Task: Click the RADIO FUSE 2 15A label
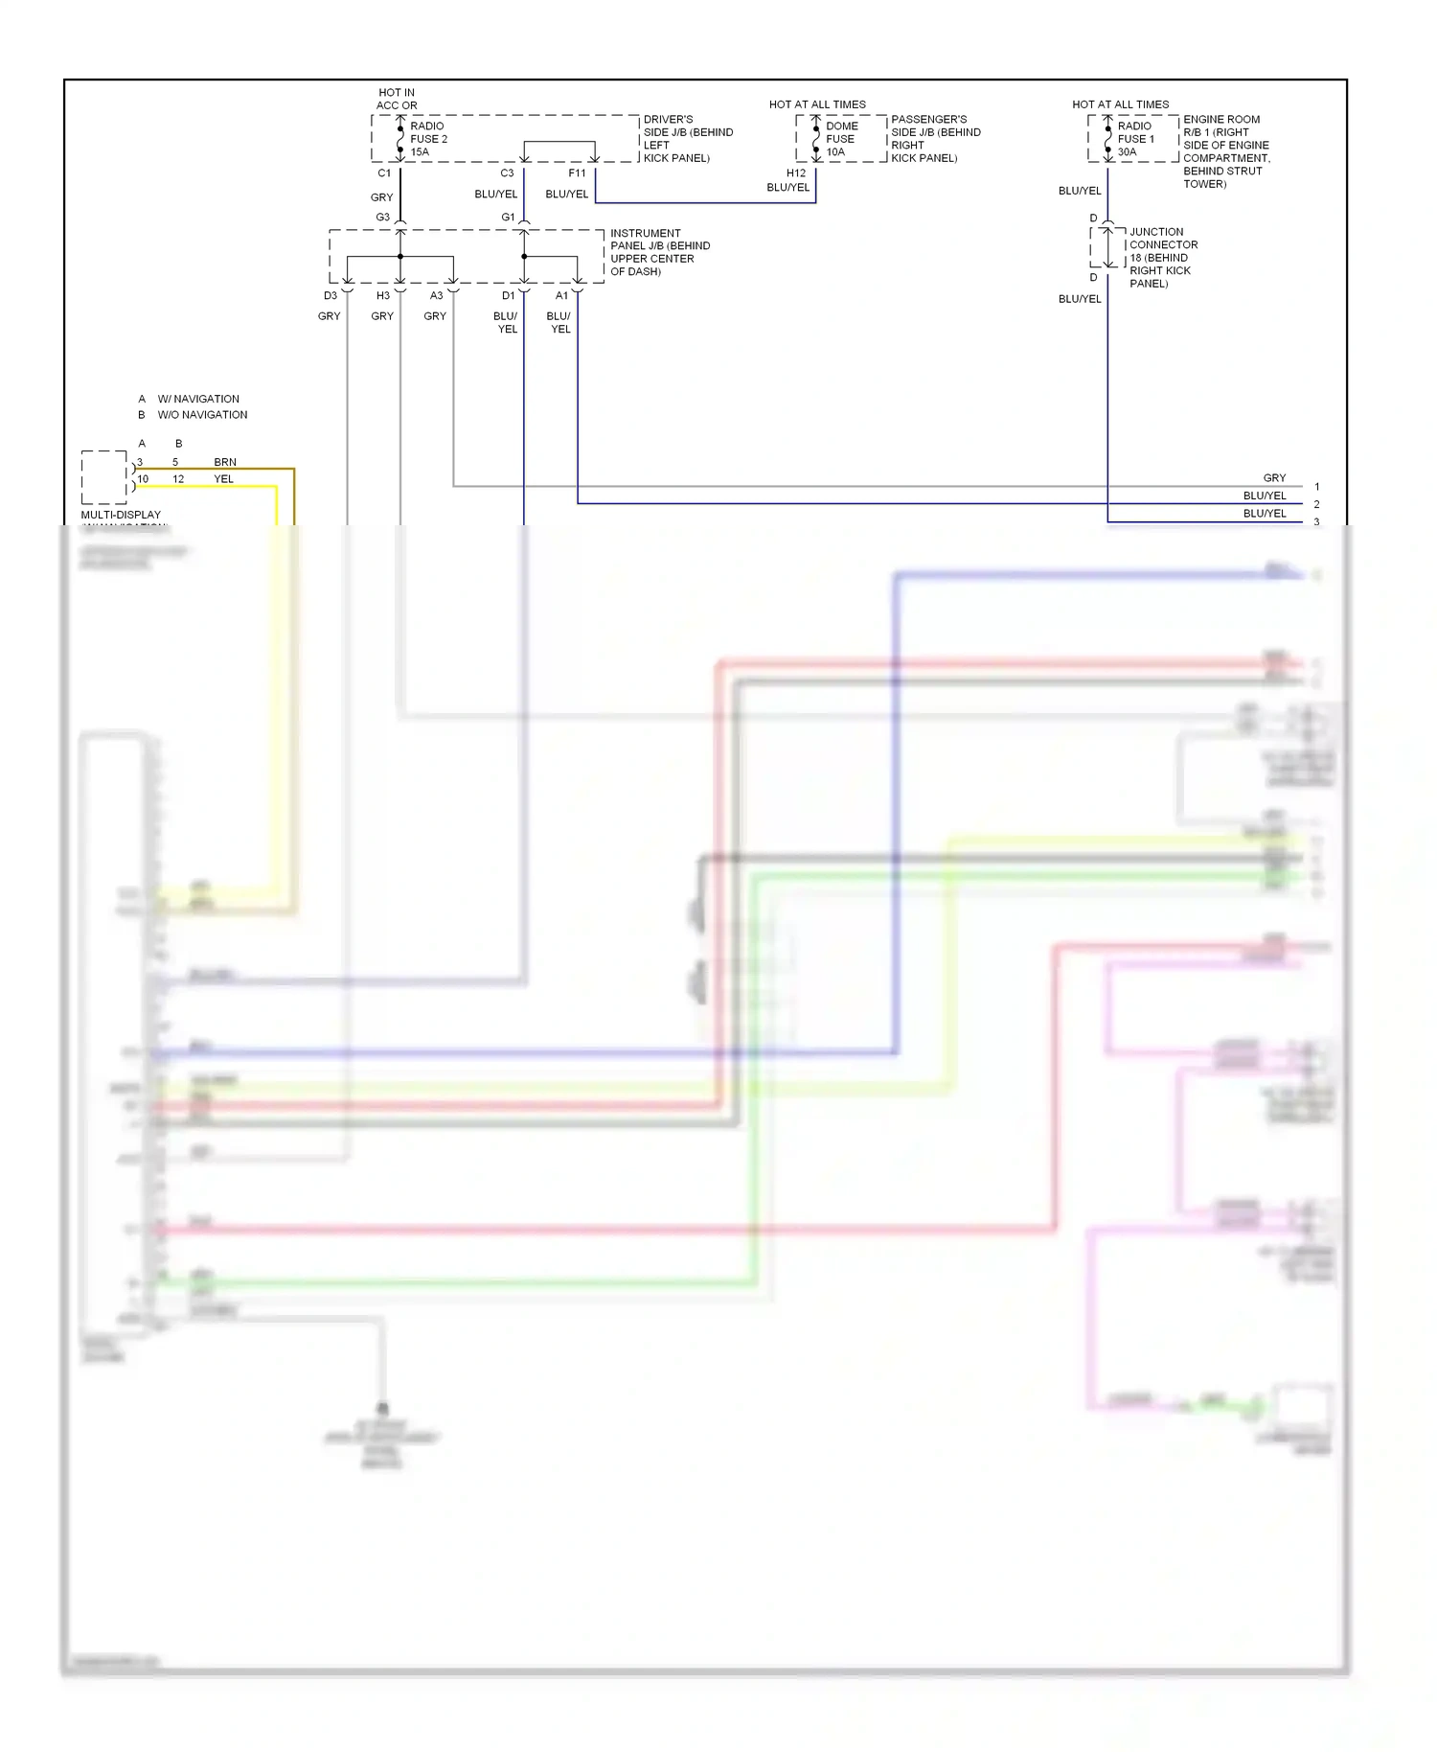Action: pyautogui.click(x=428, y=139)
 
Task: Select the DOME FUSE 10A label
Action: pyautogui.click(x=841, y=139)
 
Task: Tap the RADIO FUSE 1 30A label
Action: pyautogui.click(x=1135, y=139)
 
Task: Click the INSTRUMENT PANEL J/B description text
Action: pyautogui.click(x=660, y=252)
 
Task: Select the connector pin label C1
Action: pyautogui.click(x=384, y=173)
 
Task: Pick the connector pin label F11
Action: pyautogui.click(x=577, y=173)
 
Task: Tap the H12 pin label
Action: pyautogui.click(x=796, y=173)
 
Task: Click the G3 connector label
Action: pyautogui.click(x=382, y=218)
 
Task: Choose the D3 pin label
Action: pyautogui.click(x=331, y=296)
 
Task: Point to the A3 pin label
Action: pyautogui.click(x=437, y=296)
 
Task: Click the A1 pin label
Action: pyautogui.click(x=561, y=296)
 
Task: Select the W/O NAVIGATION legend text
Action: pyautogui.click(x=202, y=415)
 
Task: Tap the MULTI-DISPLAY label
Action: pyautogui.click(x=121, y=515)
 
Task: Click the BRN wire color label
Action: pyautogui.click(x=225, y=462)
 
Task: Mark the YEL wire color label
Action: pyautogui.click(x=223, y=479)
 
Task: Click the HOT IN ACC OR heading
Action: pyautogui.click(x=397, y=100)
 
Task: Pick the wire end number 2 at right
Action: pyautogui.click(x=1316, y=504)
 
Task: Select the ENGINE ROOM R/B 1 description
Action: pyautogui.click(x=1225, y=151)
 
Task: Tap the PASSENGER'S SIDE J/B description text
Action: pyautogui.click(x=935, y=139)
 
